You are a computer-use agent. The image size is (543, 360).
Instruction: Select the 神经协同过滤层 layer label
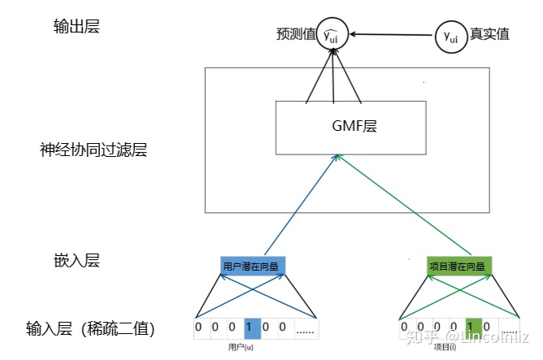click(x=93, y=150)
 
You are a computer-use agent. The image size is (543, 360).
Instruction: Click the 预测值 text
click(x=294, y=35)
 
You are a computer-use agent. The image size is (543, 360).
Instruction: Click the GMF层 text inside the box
click(x=351, y=127)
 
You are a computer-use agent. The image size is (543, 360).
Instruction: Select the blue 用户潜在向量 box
click(x=254, y=265)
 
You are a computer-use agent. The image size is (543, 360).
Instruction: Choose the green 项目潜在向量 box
click(x=459, y=265)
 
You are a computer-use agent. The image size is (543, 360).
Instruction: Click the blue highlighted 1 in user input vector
click(x=251, y=329)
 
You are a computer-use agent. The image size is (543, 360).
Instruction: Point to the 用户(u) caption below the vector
click(x=243, y=347)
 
